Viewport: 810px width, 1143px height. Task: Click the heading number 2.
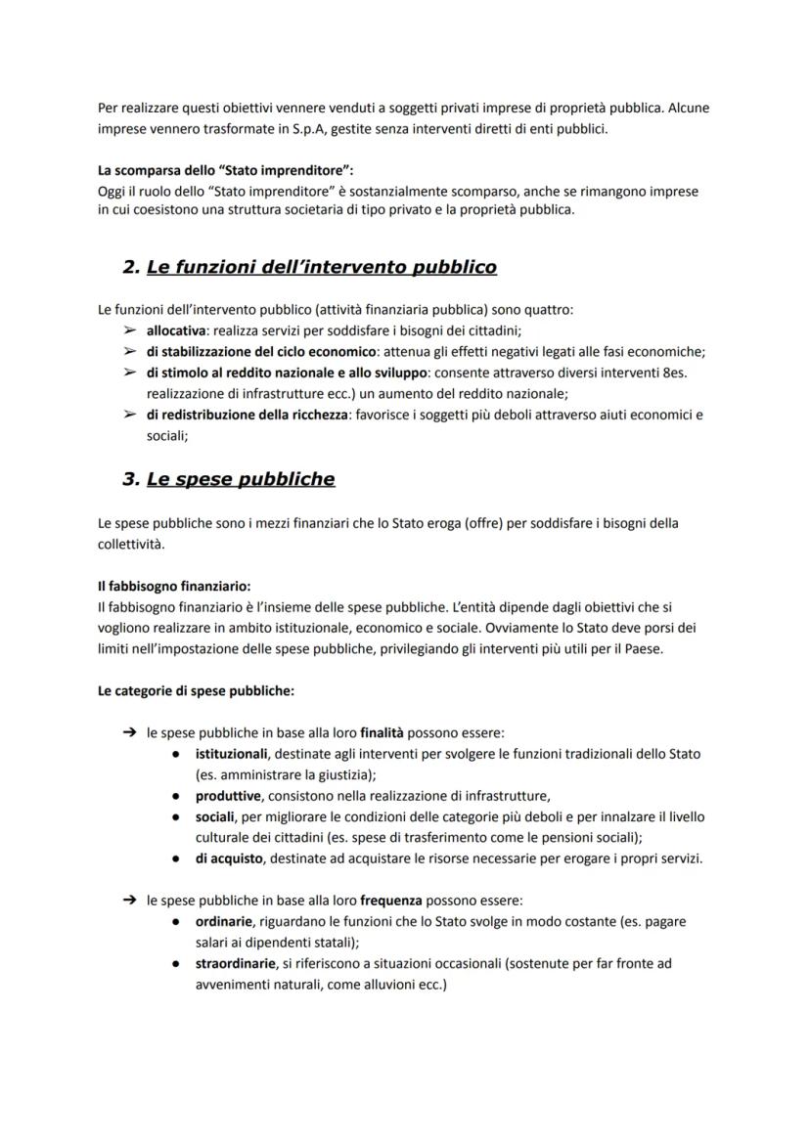[x=130, y=267]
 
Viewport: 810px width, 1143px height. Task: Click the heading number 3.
[x=130, y=479]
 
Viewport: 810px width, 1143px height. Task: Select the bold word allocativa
[x=175, y=330]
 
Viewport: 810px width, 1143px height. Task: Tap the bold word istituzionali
[x=231, y=754]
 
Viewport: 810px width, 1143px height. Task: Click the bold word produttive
[x=226, y=795]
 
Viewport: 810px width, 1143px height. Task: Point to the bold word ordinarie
[x=224, y=921]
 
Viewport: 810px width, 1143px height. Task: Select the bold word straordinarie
[x=235, y=963]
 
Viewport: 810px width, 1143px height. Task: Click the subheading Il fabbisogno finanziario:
[x=174, y=587]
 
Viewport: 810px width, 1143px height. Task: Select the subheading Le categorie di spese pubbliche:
[x=196, y=689]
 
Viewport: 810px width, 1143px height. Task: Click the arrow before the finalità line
[x=128, y=731]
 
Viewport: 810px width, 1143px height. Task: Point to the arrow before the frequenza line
[x=128, y=900]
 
